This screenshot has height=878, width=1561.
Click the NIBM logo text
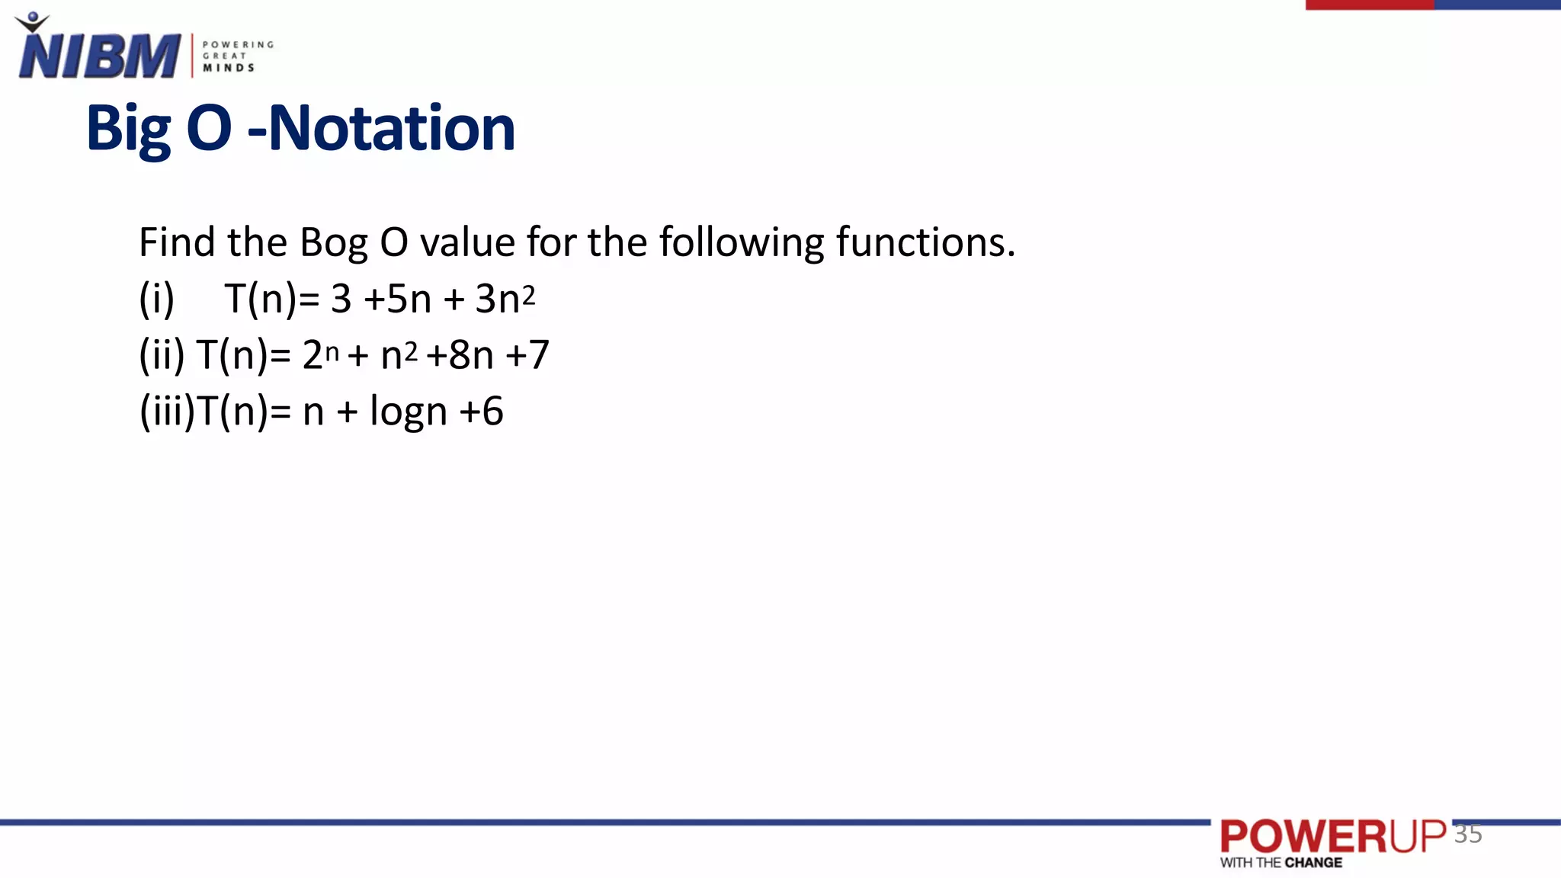(99, 56)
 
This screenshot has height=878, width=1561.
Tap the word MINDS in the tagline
(228, 68)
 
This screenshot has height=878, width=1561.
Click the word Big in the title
(128, 128)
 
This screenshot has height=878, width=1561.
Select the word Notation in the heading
(392, 128)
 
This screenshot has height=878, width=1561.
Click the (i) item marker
(156, 299)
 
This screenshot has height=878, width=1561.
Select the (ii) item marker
(162, 355)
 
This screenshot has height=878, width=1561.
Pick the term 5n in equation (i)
(409, 299)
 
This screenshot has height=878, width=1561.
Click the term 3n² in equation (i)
(505, 298)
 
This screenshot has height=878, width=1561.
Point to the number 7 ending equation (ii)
(538, 355)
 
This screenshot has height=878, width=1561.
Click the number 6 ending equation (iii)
(492, 412)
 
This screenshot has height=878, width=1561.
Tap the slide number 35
(1468, 834)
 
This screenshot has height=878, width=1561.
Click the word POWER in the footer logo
(1303, 837)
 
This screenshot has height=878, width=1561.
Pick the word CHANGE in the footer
(1313, 863)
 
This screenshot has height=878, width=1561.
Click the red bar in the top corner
(1369, 5)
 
